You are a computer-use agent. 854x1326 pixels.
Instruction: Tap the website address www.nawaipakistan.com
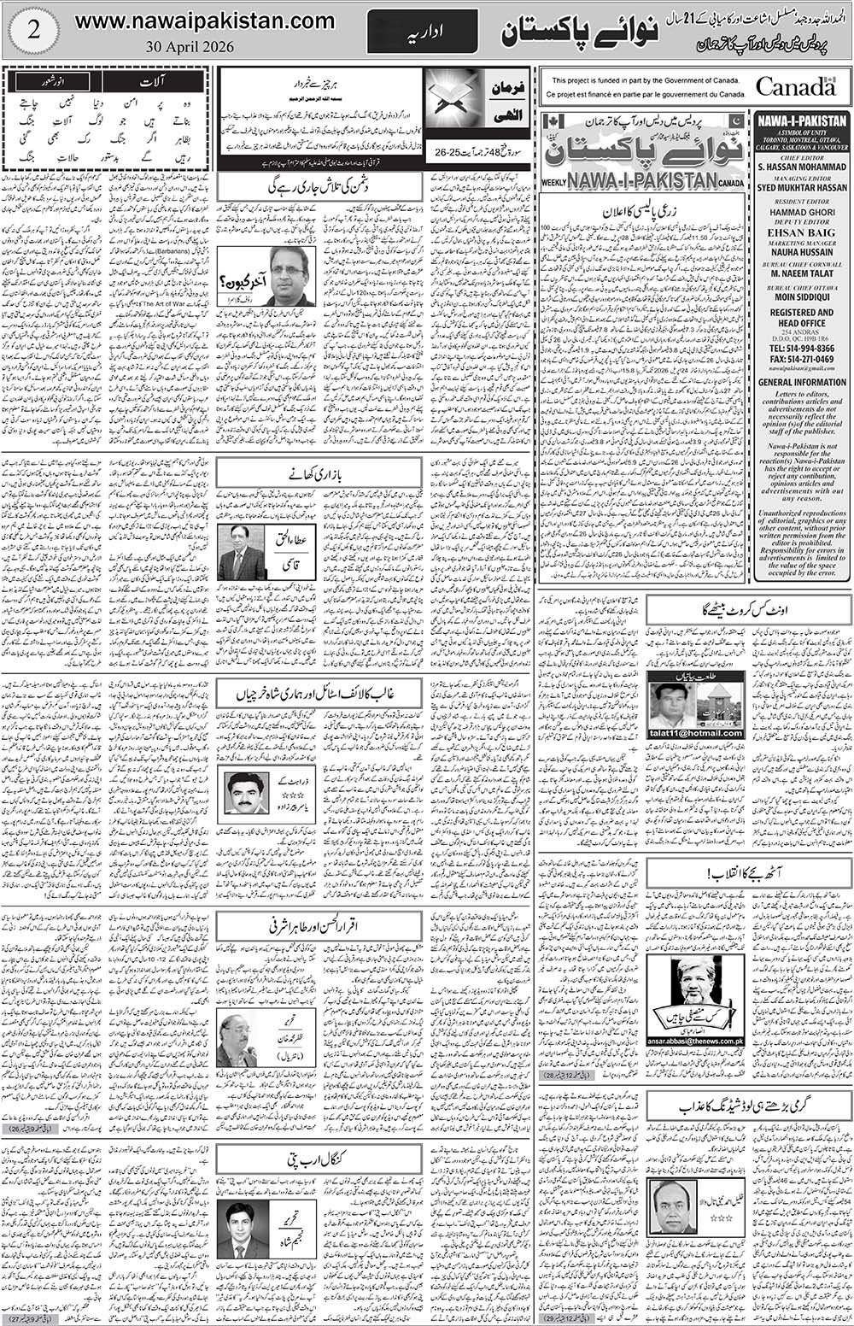pyautogui.click(x=204, y=21)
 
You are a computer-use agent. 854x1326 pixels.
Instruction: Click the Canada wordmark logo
pyautogui.click(x=795, y=86)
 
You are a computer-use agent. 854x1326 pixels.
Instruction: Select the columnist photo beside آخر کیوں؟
pyautogui.click(x=290, y=275)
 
